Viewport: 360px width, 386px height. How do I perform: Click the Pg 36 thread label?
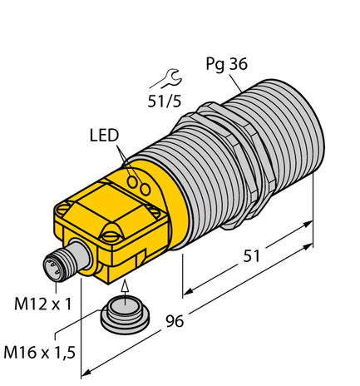pos(226,64)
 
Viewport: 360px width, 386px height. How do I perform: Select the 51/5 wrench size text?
pos(165,101)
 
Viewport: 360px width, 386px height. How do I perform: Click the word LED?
pos(104,136)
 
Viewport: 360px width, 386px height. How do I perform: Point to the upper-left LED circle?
pos(132,181)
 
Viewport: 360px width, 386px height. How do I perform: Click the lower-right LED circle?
pos(145,189)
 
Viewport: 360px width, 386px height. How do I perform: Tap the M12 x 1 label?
pos(42,304)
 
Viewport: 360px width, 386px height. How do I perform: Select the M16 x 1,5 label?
pos(39,353)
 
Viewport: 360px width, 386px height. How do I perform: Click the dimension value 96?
pos(175,321)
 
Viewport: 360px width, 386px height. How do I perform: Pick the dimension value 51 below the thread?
pos(252,256)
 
